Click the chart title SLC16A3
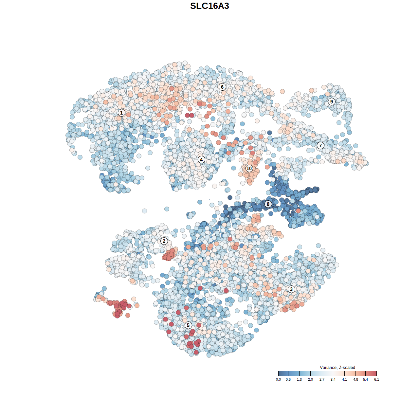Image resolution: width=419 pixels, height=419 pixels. (209, 6)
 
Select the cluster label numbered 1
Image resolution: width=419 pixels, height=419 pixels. (121, 113)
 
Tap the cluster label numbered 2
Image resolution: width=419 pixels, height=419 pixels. (164, 241)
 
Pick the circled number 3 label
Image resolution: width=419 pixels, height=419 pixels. (291, 289)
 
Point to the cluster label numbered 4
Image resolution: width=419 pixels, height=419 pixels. (201, 159)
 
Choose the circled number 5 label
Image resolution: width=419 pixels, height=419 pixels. (188, 325)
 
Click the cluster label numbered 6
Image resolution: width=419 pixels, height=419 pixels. (222, 87)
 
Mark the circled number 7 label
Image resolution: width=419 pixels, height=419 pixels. (320, 145)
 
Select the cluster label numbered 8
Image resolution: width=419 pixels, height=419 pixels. (268, 204)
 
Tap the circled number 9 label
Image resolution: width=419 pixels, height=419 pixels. (332, 101)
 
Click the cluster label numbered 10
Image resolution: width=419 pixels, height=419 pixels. (249, 168)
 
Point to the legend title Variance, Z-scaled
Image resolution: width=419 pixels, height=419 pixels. (337, 367)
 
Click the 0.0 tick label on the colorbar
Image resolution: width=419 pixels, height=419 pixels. (278, 379)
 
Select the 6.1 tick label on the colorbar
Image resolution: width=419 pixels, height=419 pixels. (376, 379)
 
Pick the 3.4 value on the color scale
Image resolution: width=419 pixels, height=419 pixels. (333, 379)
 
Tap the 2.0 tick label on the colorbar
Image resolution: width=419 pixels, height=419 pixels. (310, 379)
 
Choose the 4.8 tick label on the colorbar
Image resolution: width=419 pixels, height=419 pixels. (355, 379)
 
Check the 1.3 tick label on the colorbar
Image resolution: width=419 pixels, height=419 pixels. (299, 379)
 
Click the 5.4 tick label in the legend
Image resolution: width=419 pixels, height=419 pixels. (365, 379)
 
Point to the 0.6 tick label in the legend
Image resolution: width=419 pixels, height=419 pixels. (288, 379)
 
